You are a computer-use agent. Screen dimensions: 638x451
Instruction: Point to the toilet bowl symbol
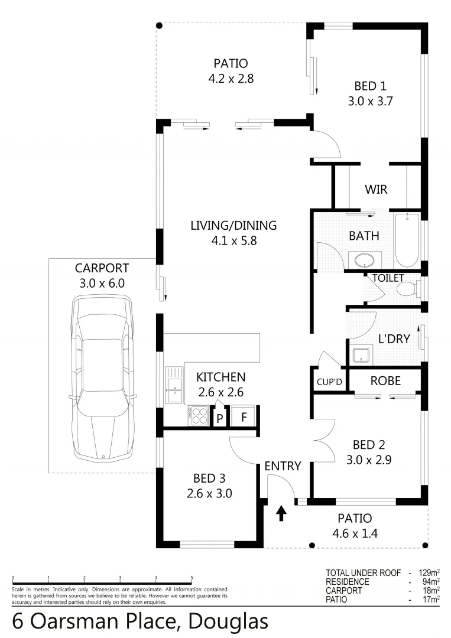pyautogui.click(x=406, y=289)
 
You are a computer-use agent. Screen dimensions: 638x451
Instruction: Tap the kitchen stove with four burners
pyautogui.click(x=198, y=415)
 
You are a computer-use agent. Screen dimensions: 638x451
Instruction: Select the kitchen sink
pyautogui.click(x=174, y=385)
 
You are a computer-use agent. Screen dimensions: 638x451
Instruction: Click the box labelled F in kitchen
pyautogui.click(x=242, y=416)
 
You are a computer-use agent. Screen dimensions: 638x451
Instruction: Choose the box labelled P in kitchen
pyautogui.click(x=220, y=418)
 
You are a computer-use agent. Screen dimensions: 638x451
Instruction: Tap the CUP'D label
pyautogui.click(x=329, y=382)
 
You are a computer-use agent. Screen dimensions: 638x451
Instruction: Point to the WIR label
pyautogui.click(x=376, y=190)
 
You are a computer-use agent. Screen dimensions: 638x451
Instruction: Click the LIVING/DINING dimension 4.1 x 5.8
pyautogui.click(x=233, y=240)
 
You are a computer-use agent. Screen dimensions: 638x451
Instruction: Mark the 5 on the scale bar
pyautogui.click(x=192, y=578)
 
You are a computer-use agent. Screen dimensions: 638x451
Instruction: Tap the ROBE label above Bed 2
pyautogui.click(x=385, y=381)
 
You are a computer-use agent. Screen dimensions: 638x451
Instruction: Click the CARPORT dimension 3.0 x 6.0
pyautogui.click(x=102, y=283)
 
